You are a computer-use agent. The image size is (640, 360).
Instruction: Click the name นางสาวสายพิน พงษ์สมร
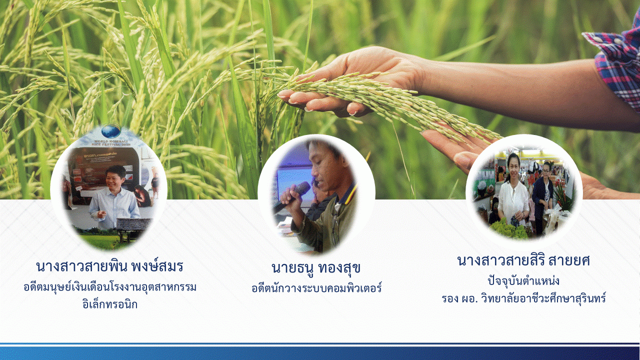pos(109,266)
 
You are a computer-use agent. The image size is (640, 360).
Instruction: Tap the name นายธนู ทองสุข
pos(316,268)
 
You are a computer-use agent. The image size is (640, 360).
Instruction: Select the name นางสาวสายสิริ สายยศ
pos(523,261)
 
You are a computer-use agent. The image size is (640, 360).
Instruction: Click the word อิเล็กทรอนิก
pos(109,304)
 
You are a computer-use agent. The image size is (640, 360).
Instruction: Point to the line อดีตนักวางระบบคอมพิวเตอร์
pos(316,287)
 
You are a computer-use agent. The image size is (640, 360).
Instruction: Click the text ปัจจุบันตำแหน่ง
pos(523,281)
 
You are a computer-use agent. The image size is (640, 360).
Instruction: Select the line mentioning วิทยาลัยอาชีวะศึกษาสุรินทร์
pos(523,299)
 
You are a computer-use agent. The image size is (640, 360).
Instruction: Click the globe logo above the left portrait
pos(111,131)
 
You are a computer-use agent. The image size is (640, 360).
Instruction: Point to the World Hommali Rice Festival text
pos(111,143)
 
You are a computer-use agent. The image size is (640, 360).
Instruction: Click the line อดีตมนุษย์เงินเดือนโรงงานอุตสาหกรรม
pos(110,287)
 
